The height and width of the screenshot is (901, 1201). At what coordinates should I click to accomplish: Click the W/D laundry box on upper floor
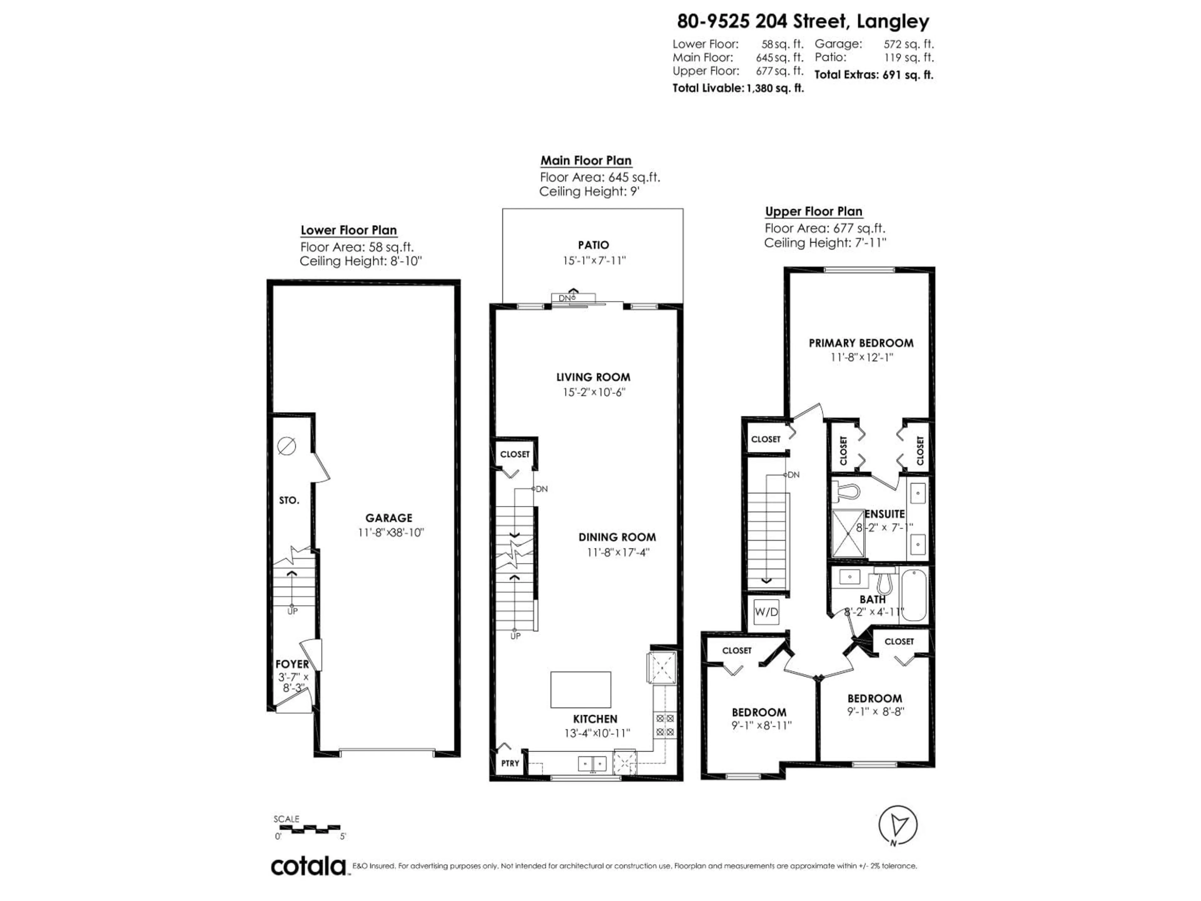pyautogui.click(x=766, y=612)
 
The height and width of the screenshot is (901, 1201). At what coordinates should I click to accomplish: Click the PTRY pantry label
pyautogui.click(x=510, y=763)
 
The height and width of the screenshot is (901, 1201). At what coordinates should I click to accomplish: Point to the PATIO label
pyautogui.click(x=593, y=245)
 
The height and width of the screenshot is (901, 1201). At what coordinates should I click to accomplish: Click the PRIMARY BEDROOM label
pyautogui.click(x=861, y=343)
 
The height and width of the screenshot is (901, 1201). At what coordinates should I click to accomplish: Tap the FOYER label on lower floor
pyautogui.click(x=292, y=664)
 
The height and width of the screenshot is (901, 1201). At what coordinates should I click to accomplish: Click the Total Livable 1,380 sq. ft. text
pyautogui.click(x=738, y=88)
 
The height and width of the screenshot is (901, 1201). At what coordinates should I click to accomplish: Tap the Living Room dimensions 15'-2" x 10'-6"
pyautogui.click(x=594, y=392)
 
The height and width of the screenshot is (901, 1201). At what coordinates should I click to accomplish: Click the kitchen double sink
pyautogui.click(x=592, y=764)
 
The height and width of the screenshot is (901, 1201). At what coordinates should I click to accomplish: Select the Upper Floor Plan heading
pyautogui.click(x=813, y=211)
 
